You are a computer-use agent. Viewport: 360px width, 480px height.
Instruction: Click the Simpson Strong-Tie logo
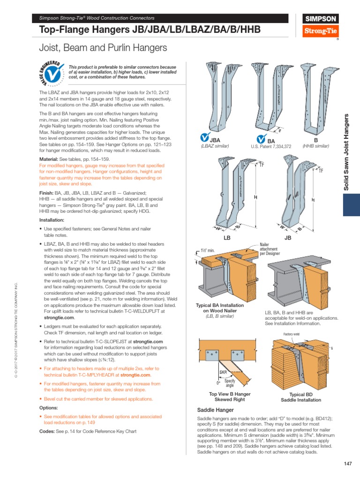(x=321, y=25)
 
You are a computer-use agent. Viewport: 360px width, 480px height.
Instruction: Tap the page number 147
(x=347, y=464)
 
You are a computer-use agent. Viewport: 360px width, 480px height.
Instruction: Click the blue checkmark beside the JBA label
(x=205, y=139)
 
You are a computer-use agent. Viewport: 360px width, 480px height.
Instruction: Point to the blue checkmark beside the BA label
(x=261, y=139)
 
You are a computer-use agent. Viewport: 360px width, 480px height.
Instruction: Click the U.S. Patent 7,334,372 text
(x=271, y=147)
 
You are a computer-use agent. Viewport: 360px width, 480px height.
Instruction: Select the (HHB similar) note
(x=315, y=146)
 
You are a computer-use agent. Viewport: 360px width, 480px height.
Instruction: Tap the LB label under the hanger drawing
(x=227, y=238)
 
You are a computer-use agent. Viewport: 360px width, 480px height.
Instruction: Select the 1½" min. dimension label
(x=207, y=251)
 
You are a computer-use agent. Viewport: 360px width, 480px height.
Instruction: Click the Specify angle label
(x=230, y=383)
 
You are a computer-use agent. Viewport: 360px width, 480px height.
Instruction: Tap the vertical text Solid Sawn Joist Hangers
(x=347, y=152)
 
